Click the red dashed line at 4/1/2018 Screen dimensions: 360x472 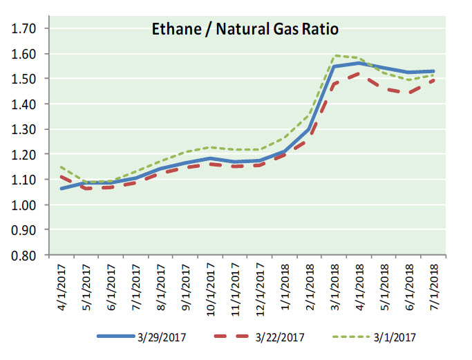click(x=358, y=74)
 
